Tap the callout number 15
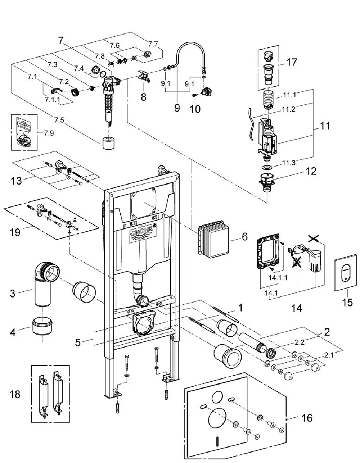347,302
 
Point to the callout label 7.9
49,133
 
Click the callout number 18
15,394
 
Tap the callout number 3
13,293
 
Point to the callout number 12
311,171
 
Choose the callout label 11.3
289,163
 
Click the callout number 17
292,62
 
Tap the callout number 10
195,109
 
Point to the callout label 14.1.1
278,277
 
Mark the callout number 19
15,232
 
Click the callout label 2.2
300,342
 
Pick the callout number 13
17,181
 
